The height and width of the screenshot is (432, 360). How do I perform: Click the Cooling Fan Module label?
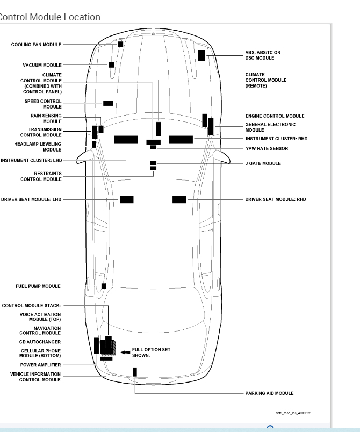(36, 45)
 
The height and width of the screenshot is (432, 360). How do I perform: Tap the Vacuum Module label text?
(42, 65)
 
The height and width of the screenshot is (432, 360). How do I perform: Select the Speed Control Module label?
(43, 104)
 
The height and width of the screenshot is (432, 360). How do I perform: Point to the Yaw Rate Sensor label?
(267, 148)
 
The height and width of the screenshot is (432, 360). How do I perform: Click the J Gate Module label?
(263, 163)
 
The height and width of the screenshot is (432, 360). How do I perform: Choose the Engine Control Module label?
(275, 116)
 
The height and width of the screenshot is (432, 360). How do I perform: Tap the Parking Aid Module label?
(269, 393)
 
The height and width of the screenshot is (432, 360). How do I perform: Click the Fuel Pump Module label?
(38, 286)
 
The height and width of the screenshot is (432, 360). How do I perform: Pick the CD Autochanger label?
(40, 342)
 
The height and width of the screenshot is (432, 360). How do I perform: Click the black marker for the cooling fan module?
(121, 44)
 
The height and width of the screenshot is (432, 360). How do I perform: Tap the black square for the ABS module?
(201, 55)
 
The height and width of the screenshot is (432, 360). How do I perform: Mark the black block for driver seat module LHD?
(127, 199)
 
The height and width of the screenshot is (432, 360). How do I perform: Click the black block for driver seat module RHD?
(179, 199)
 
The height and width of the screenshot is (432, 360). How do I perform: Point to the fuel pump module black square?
(104, 286)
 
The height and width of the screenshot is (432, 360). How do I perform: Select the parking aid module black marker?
(135, 372)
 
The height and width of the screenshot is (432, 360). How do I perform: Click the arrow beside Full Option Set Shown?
(125, 352)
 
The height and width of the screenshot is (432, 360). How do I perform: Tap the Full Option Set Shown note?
(151, 352)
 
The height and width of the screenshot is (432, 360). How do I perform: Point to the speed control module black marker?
(108, 103)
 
